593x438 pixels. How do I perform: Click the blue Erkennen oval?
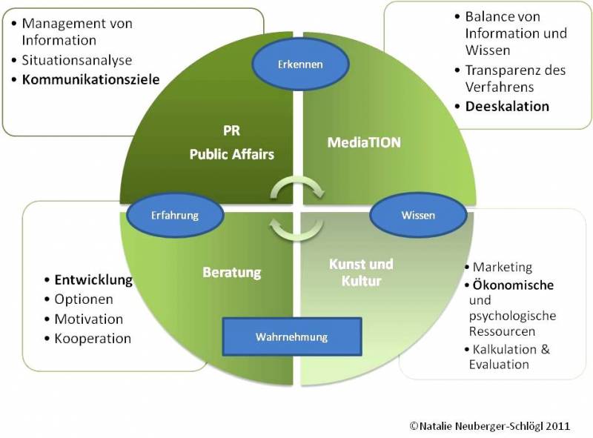pyautogui.click(x=300, y=64)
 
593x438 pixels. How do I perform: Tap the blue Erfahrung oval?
pyautogui.click(x=175, y=215)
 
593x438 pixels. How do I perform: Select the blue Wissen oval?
pyautogui.click(x=418, y=215)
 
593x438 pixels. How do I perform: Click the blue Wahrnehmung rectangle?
pyautogui.click(x=292, y=336)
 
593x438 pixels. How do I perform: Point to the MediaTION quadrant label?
pyautogui.click(x=364, y=142)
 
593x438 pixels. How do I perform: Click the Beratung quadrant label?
pyautogui.click(x=232, y=272)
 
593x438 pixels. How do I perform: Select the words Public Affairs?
pyautogui.click(x=232, y=154)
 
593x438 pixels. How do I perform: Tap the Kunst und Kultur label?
pyautogui.click(x=361, y=272)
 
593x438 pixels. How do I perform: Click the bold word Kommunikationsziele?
pyautogui.click(x=90, y=79)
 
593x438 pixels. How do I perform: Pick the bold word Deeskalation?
pyautogui.click(x=507, y=106)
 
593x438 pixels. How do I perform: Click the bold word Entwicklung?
pyautogui.click(x=93, y=280)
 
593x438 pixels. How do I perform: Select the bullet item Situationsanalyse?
pyautogui.click(x=77, y=60)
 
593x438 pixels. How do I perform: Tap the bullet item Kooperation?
pyautogui.click(x=93, y=339)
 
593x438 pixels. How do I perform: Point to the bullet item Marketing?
pyautogui.click(x=503, y=267)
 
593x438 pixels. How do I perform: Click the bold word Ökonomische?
pyautogui.click(x=513, y=285)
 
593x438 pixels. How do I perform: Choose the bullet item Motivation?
pyautogui.click(x=89, y=319)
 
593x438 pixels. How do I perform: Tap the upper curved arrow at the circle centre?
pyautogui.click(x=297, y=182)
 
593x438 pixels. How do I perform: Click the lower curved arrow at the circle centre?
pyautogui.click(x=296, y=234)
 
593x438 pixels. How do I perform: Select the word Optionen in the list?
pyautogui.click(x=84, y=299)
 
